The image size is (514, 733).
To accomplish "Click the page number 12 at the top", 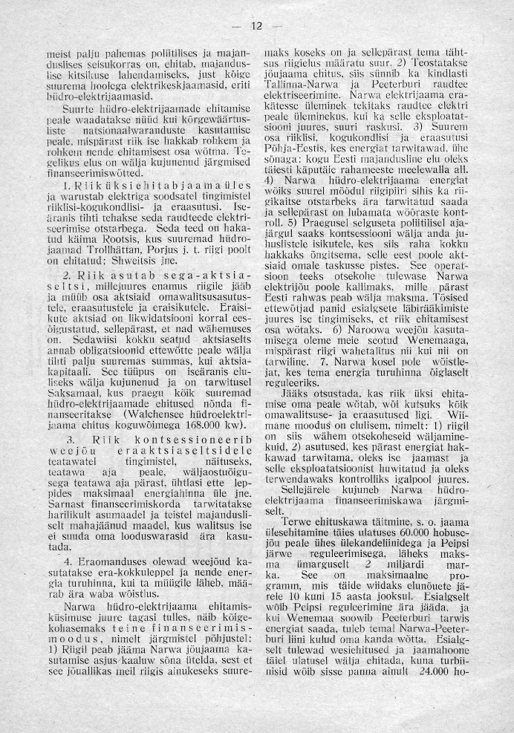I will point(257,27).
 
